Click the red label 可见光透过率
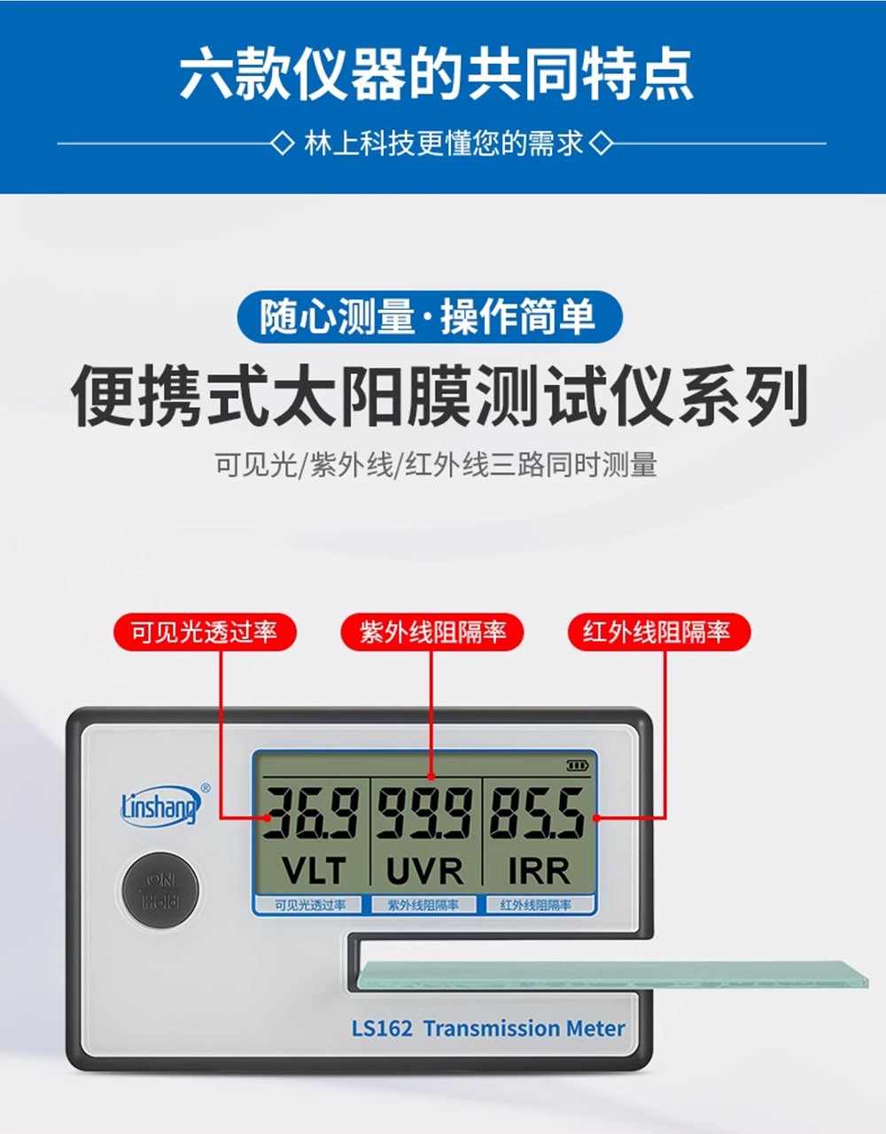(205, 631)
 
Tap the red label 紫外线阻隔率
(431, 631)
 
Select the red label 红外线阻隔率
(659, 631)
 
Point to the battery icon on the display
(578, 766)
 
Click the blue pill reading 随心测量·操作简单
(430, 317)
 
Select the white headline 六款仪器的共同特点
(437, 73)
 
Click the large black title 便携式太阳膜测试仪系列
(440, 396)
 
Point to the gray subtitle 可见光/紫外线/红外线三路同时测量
(436, 465)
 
